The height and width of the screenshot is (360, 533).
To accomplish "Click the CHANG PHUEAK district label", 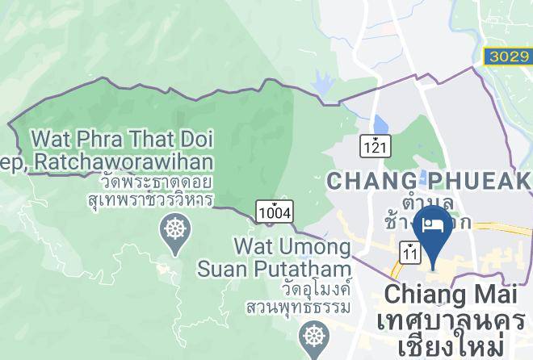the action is pyautogui.click(x=428, y=181).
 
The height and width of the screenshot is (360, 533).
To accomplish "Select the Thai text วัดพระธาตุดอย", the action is pyautogui.click(x=121, y=182).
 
